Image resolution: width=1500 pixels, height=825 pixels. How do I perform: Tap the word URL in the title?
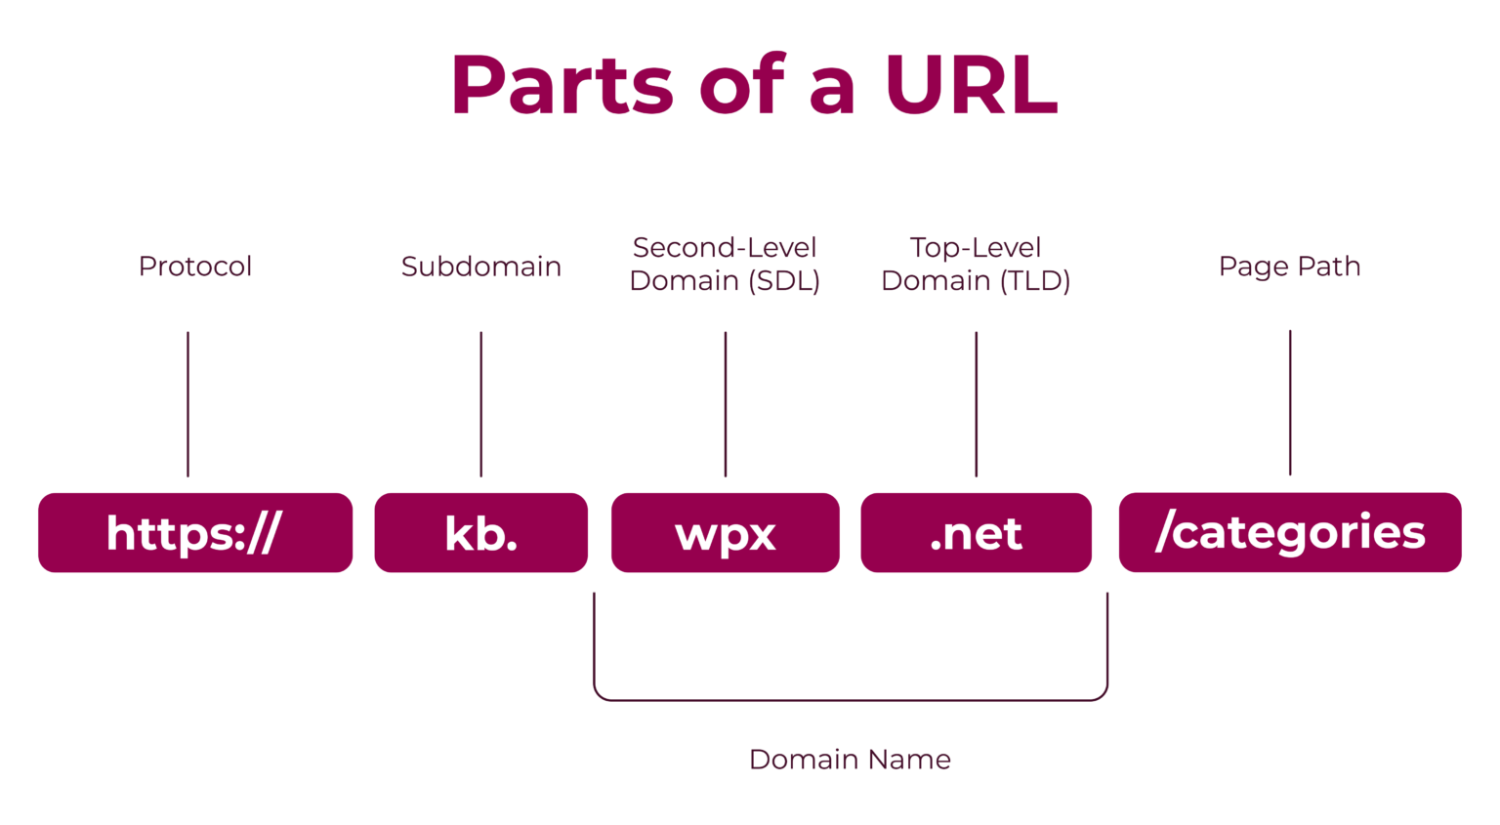971,86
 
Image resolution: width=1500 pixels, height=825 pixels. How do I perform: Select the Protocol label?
195,266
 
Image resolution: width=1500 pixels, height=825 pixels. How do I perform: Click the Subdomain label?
480,266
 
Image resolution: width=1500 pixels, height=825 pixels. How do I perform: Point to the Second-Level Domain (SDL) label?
725,264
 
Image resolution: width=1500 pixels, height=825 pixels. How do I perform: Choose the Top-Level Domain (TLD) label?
976,264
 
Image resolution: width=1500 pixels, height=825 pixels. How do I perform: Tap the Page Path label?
1289,266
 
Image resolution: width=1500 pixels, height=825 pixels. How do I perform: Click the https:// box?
195,532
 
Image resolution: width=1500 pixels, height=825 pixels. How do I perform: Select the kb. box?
480,532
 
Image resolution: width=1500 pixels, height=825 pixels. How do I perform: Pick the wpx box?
725,532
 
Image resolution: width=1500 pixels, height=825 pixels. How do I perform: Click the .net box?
976,532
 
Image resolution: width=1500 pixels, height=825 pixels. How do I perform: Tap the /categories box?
1289,532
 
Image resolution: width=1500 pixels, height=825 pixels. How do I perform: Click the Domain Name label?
850,759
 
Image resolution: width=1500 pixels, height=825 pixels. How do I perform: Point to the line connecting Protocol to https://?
187,403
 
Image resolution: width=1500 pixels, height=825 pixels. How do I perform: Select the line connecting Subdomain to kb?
480,403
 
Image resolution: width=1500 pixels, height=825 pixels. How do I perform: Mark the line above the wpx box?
726,403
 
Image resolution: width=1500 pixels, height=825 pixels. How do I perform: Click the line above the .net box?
976,403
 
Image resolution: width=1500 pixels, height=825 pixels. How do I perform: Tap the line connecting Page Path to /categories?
1290,402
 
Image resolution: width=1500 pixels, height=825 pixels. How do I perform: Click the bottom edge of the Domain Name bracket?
850,700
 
